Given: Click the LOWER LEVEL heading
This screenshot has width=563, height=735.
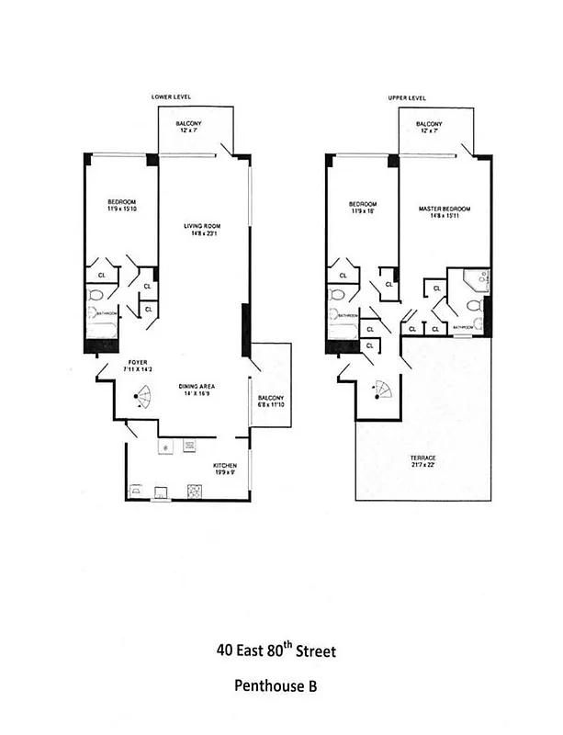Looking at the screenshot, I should coord(170,96).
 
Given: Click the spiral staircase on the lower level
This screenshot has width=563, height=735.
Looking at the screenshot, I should coord(143,399).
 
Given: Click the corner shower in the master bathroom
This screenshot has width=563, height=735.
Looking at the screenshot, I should coord(475,279).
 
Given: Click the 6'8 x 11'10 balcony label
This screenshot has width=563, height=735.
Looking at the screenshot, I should coord(270,401).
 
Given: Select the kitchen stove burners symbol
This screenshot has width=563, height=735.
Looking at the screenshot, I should coord(195,491).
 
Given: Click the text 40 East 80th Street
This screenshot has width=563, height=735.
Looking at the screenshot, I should coord(276,651).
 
